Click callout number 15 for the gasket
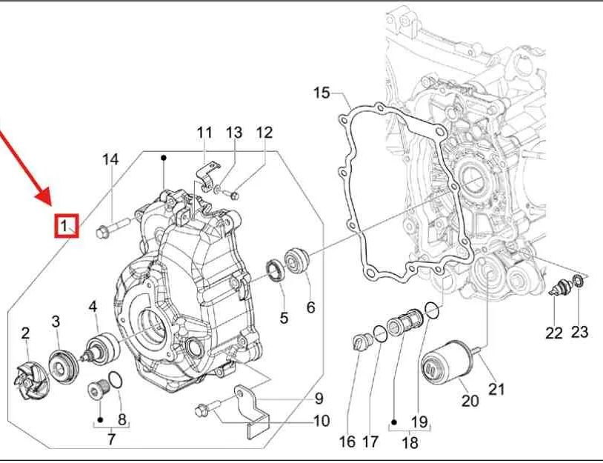(321, 93)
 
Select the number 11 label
(204, 133)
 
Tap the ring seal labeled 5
(275, 270)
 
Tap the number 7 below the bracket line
(111, 439)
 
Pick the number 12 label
(264, 133)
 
